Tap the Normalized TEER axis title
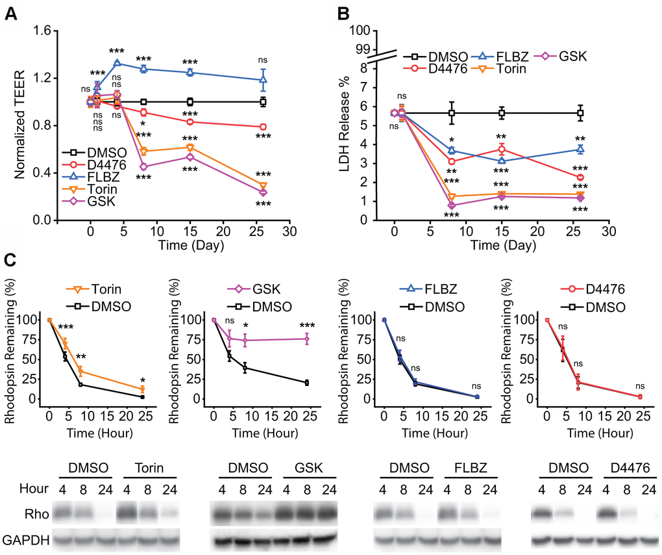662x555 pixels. (x=18, y=125)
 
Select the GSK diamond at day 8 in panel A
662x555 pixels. (x=143, y=167)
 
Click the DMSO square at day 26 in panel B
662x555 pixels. (x=581, y=113)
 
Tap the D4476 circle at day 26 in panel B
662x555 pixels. (x=581, y=177)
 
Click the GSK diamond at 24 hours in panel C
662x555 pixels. (x=306, y=339)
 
